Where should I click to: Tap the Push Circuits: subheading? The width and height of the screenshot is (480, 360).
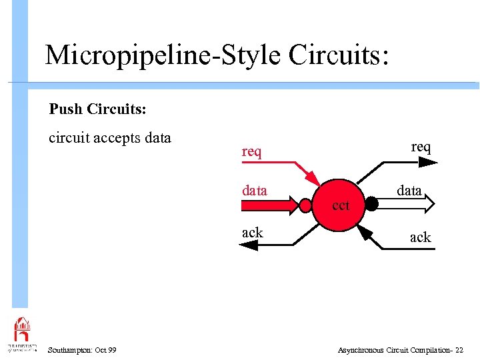97,108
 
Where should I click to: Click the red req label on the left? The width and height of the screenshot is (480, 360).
251,152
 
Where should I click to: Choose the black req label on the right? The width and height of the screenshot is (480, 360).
421,147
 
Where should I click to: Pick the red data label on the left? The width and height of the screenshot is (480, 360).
254,191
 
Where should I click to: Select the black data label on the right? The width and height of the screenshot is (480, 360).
409,191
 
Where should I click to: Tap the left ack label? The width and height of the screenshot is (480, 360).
252,233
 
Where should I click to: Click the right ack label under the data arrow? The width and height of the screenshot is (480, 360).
420,237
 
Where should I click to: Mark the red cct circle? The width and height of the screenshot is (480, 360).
339,205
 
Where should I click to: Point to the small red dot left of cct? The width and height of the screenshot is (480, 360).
306,205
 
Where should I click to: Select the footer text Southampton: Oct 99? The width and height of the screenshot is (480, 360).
82,350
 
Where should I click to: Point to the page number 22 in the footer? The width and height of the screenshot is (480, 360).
459,350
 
